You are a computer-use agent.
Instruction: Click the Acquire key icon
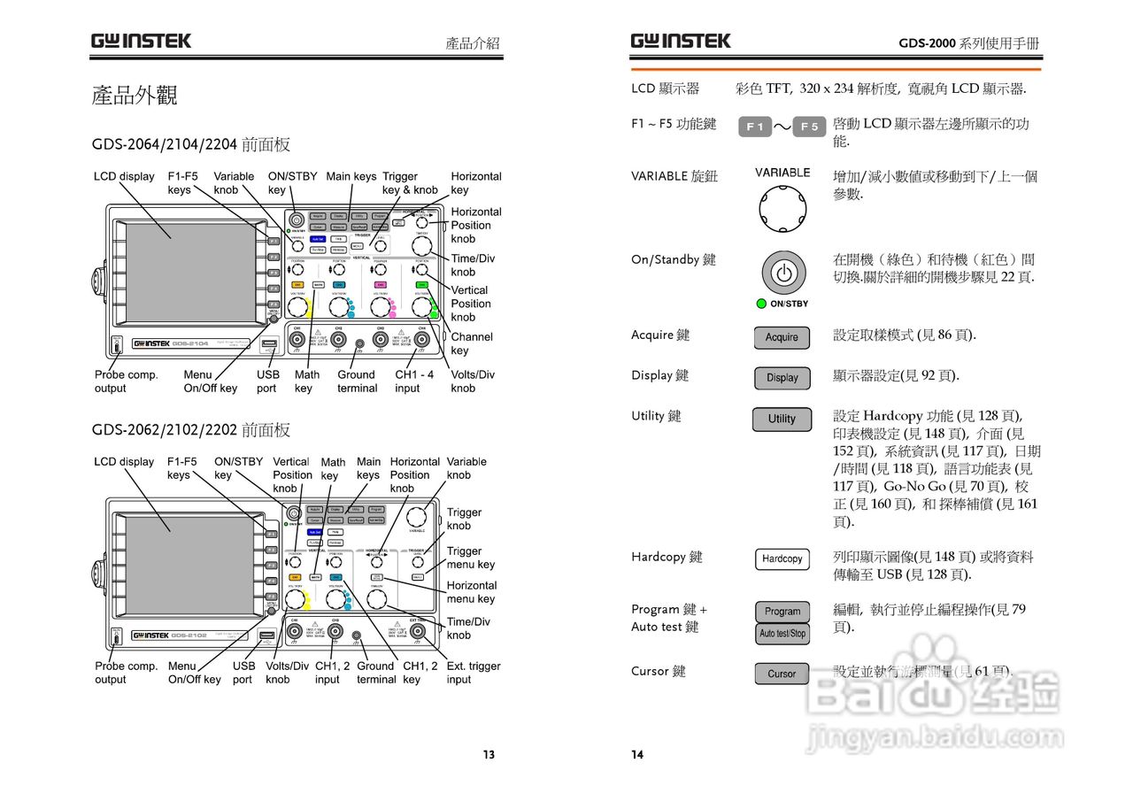tap(782, 337)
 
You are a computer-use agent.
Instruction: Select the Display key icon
tap(782, 378)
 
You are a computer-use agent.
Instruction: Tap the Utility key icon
tap(782, 419)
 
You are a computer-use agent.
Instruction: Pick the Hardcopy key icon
tap(782, 559)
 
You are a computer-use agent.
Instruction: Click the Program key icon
tap(782, 612)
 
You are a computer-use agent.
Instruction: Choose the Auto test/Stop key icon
tap(782, 634)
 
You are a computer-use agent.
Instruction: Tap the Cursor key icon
tap(782, 674)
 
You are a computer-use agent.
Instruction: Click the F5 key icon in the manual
tap(809, 127)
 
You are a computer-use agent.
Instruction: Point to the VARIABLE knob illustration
tap(782, 206)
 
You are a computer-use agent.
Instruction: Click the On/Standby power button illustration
tap(783, 273)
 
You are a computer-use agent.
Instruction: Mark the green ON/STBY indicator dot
tap(760, 304)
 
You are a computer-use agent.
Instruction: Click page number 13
tap(489, 755)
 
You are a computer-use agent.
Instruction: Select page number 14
tap(637, 755)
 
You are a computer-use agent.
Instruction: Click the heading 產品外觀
tap(135, 96)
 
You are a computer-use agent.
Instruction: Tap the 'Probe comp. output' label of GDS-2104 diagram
tap(127, 381)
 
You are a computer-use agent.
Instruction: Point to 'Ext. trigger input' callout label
tap(473, 673)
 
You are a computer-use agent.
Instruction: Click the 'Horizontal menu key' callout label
tap(471, 592)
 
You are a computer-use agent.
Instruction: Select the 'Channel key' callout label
tap(472, 343)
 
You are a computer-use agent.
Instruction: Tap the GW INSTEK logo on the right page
tap(681, 41)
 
